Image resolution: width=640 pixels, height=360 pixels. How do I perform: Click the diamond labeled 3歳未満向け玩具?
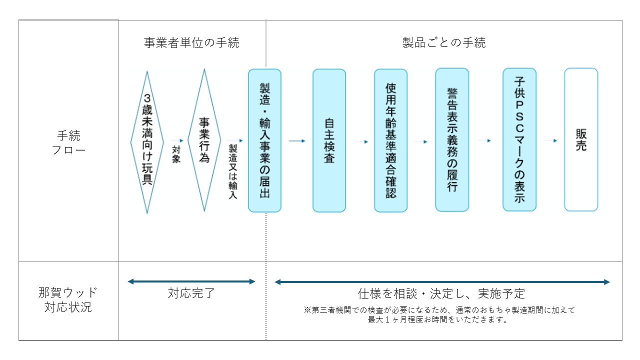(x=147, y=142)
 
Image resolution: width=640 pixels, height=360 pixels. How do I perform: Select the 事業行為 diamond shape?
(x=204, y=140)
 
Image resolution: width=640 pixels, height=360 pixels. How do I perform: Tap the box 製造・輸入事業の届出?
(x=264, y=140)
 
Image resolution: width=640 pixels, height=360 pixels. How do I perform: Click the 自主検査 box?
(x=329, y=140)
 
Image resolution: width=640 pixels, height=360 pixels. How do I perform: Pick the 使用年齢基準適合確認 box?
(x=390, y=140)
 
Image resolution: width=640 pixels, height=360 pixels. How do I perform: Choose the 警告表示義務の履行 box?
(x=452, y=140)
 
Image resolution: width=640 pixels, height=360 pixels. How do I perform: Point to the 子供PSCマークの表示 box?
(x=519, y=139)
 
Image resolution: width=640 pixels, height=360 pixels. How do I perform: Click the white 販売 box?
(x=581, y=140)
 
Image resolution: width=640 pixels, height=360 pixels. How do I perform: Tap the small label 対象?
(x=176, y=154)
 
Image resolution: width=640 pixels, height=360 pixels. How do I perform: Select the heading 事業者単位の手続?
(x=191, y=43)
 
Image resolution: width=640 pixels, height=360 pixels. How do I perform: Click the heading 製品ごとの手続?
(x=444, y=43)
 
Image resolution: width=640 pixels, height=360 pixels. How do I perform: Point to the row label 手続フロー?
(x=68, y=142)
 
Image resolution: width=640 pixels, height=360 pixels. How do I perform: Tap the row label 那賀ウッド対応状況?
(x=68, y=300)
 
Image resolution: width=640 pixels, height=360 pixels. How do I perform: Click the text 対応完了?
(x=191, y=293)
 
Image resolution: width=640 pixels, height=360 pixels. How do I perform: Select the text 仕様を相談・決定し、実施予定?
(x=441, y=293)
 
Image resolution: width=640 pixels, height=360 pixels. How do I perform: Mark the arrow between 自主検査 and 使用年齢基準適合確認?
(x=361, y=141)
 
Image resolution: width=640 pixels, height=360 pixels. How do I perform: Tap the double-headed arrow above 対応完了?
(x=191, y=281)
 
